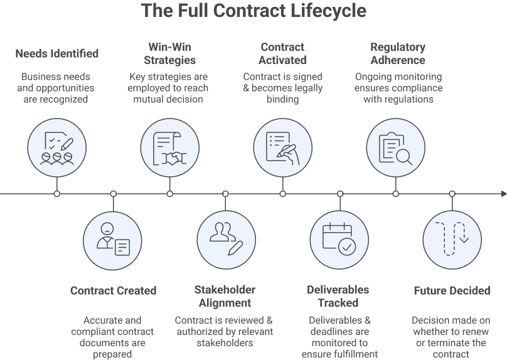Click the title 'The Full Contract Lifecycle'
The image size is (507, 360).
click(x=253, y=11)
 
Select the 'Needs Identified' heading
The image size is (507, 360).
click(x=57, y=53)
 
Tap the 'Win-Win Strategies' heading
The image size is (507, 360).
click(x=169, y=54)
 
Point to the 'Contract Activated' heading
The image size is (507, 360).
click(x=282, y=54)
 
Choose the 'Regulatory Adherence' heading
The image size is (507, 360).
click(x=397, y=54)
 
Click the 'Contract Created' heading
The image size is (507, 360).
click(x=113, y=290)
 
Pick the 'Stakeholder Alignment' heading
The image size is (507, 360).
click(x=225, y=296)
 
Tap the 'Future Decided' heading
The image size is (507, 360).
click(x=452, y=290)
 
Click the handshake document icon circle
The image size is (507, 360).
click(x=170, y=148)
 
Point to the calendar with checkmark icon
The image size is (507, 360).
click(x=339, y=241)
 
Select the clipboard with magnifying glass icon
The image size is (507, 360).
click(x=395, y=148)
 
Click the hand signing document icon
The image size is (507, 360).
click(x=282, y=148)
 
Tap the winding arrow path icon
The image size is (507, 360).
click(x=452, y=241)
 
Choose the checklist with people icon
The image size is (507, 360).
click(x=57, y=148)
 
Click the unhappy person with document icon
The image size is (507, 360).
click(x=113, y=241)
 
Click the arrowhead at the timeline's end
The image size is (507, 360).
click(x=503, y=194)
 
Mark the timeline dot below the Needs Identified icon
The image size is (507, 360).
click(x=57, y=194)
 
